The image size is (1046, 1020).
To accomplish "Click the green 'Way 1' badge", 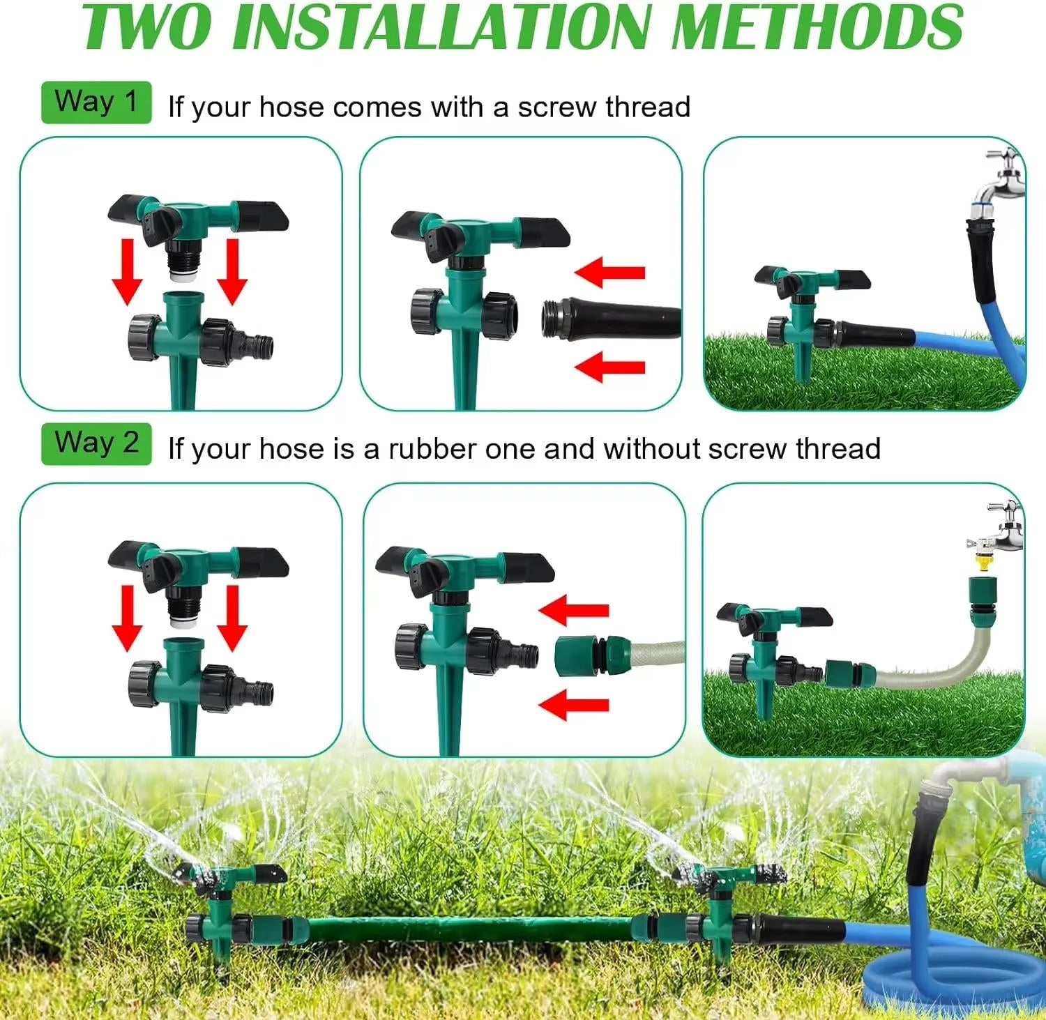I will pyautogui.click(x=96, y=102).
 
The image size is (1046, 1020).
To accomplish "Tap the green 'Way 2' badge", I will pyautogui.click(x=96, y=443).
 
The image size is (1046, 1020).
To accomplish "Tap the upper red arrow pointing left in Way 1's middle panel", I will pyautogui.click(x=610, y=273).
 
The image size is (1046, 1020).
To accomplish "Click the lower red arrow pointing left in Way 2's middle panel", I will pyautogui.click(x=575, y=704).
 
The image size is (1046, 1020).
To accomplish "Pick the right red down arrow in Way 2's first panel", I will pyautogui.click(x=232, y=617).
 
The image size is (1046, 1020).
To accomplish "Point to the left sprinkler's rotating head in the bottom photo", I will pyautogui.click(x=230, y=874).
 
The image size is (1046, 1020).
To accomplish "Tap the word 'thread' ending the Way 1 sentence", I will pyautogui.click(x=648, y=108).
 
